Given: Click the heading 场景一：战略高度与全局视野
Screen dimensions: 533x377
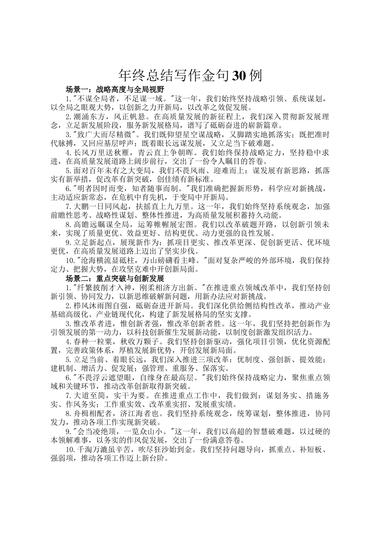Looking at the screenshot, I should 115,89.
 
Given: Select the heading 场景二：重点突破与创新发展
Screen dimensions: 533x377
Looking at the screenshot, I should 115,278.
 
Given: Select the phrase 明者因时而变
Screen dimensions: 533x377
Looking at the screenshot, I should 97,188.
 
